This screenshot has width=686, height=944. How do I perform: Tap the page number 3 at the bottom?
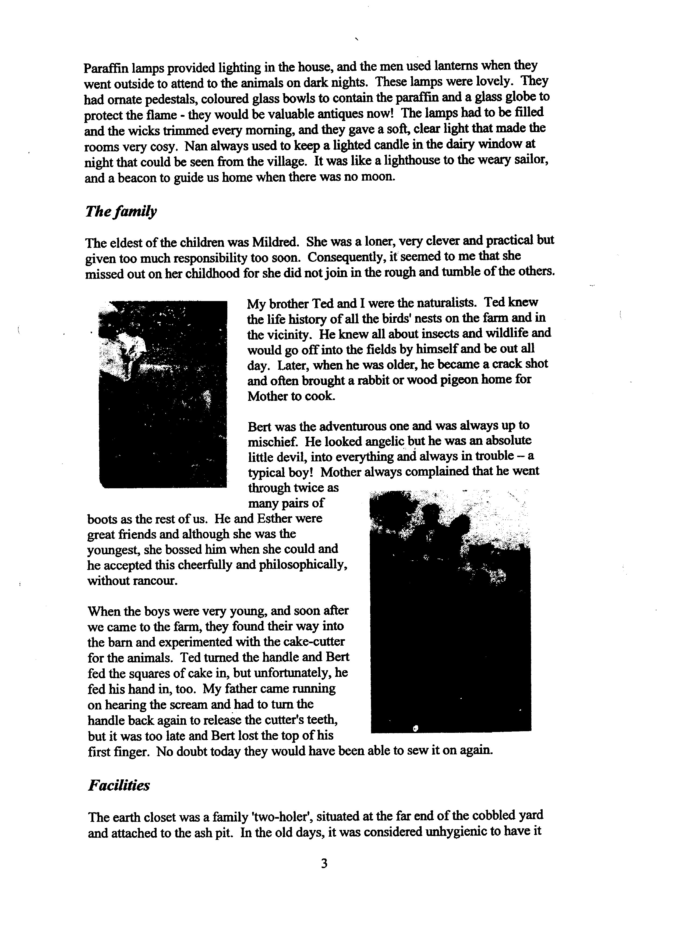click(324, 864)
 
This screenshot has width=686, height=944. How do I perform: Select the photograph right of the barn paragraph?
click(450, 611)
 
